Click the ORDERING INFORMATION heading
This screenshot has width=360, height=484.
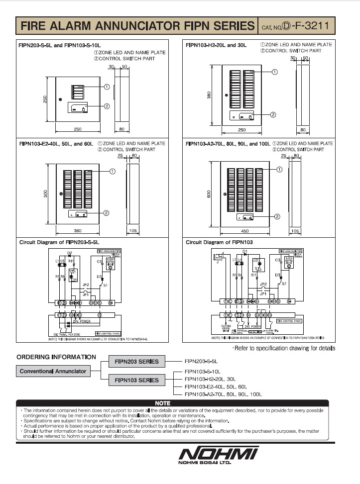pos(56,357)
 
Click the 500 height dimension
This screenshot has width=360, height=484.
pos(45,194)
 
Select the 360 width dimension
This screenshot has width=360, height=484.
pos(78,230)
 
